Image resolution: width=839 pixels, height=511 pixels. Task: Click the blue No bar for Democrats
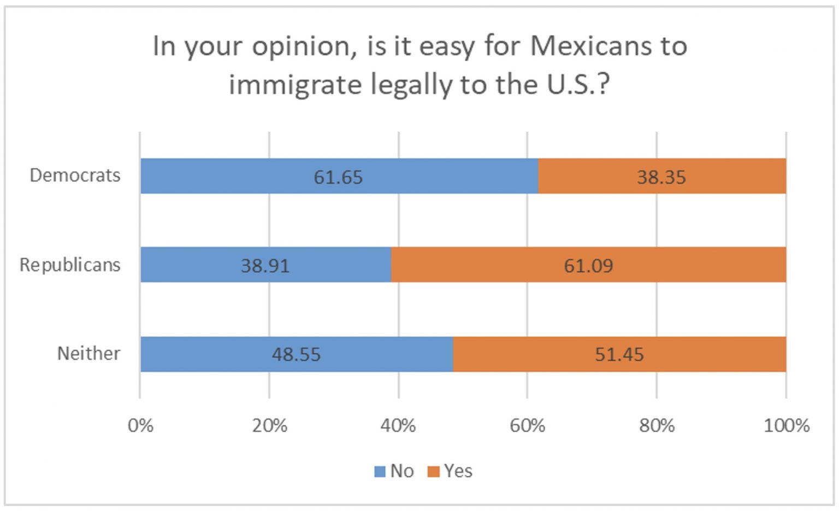click(x=246, y=176)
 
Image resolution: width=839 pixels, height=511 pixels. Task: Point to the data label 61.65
click(x=338, y=177)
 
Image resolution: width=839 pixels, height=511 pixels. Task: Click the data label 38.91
click(x=265, y=266)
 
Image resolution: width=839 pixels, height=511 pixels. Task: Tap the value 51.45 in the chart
click(x=619, y=355)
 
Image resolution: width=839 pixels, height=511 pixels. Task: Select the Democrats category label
click(x=75, y=175)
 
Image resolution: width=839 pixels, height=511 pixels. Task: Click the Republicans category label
click(x=70, y=265)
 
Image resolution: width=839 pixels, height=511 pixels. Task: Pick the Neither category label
click(x=88, y=354)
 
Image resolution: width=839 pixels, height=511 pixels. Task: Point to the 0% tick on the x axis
click(x=140, y=425)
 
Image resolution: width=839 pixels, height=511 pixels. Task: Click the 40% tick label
click(x=398, y=425)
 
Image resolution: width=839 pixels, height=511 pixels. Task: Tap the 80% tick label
click(x=657, y=425)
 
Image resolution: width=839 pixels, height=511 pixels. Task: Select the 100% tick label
click(x=785, y=425)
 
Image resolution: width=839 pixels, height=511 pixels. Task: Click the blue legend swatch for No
click(x=380, y=472)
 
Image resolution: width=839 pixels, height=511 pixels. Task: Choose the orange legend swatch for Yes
click(x=433, y=472)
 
